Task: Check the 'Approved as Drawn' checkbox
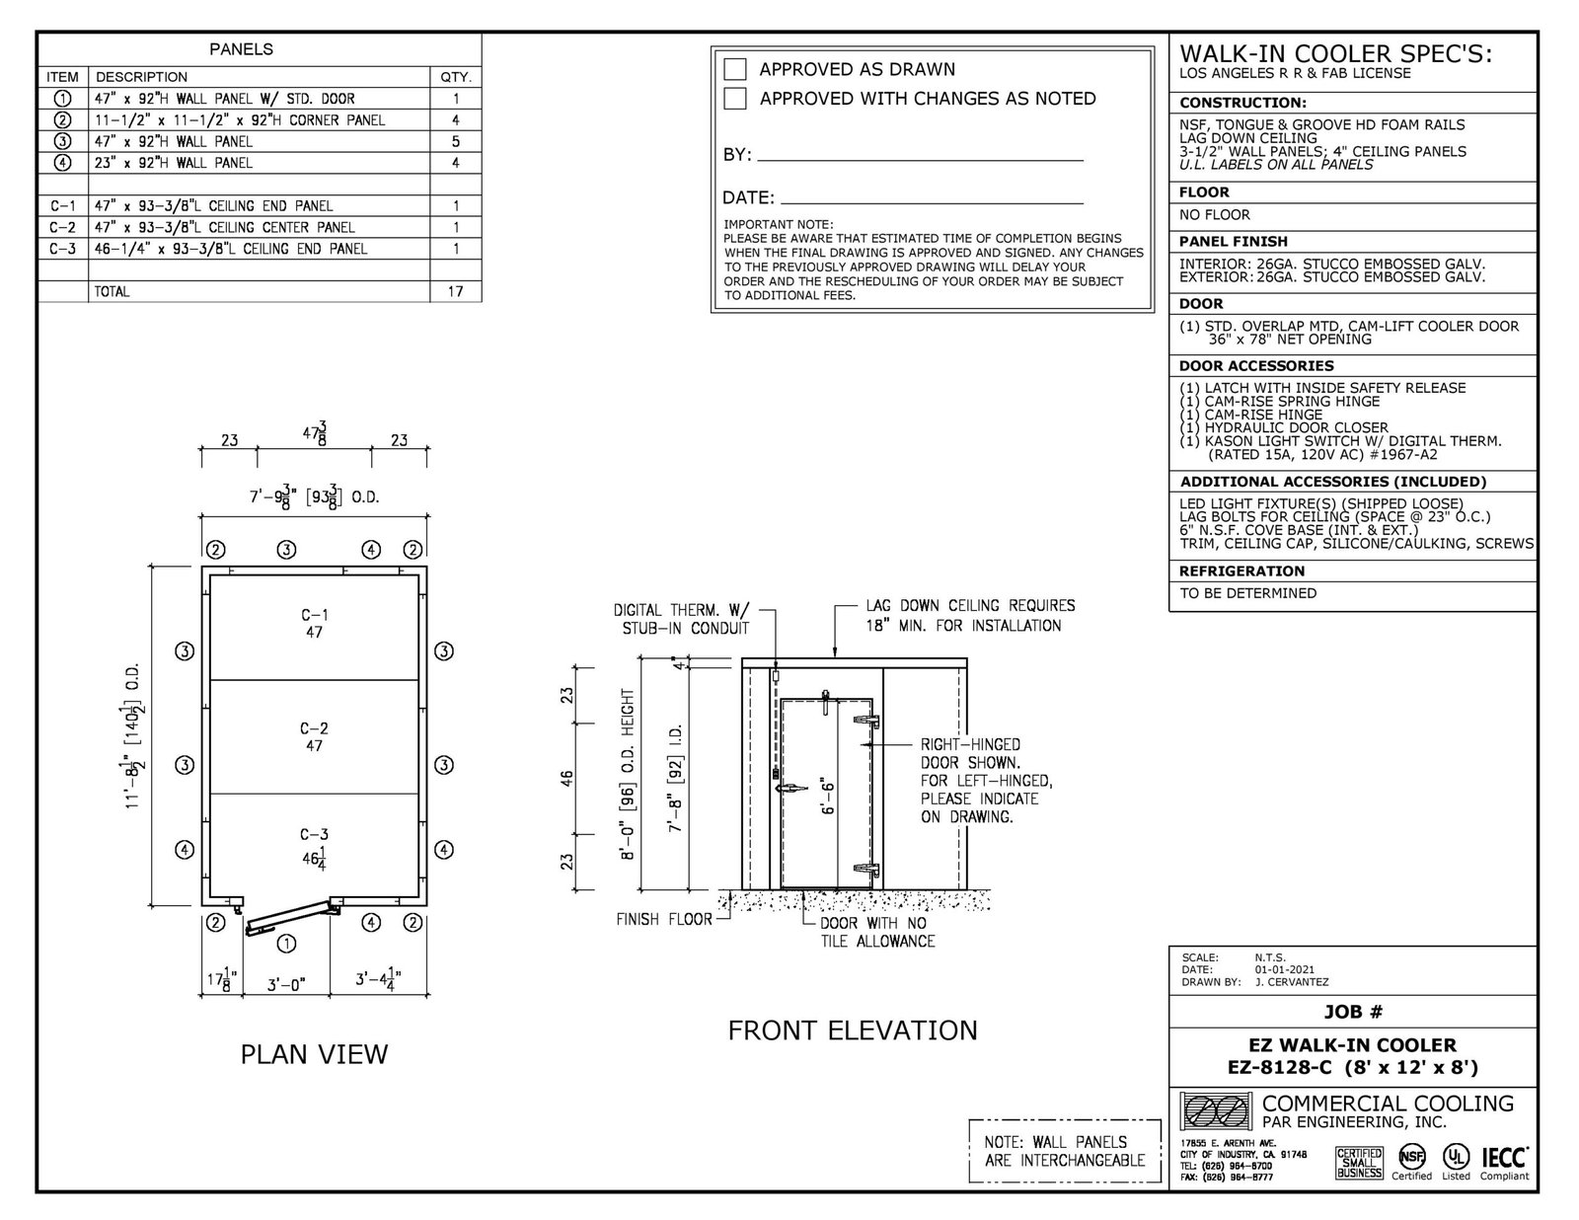[735, 69]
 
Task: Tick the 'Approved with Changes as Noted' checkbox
[735, 99]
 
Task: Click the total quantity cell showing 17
[455, 292]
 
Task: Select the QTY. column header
[455, 77]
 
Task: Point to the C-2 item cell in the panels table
[62, 227]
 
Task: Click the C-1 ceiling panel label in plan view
[315, 615]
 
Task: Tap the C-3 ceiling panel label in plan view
[315, 835]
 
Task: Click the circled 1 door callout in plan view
[286, 943]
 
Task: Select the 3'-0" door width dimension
[286, 983]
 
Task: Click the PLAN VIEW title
[314, 1054]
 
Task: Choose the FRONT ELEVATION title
[853, 1030]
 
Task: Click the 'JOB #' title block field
[1352, 1012]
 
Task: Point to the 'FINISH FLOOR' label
[664, 919]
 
